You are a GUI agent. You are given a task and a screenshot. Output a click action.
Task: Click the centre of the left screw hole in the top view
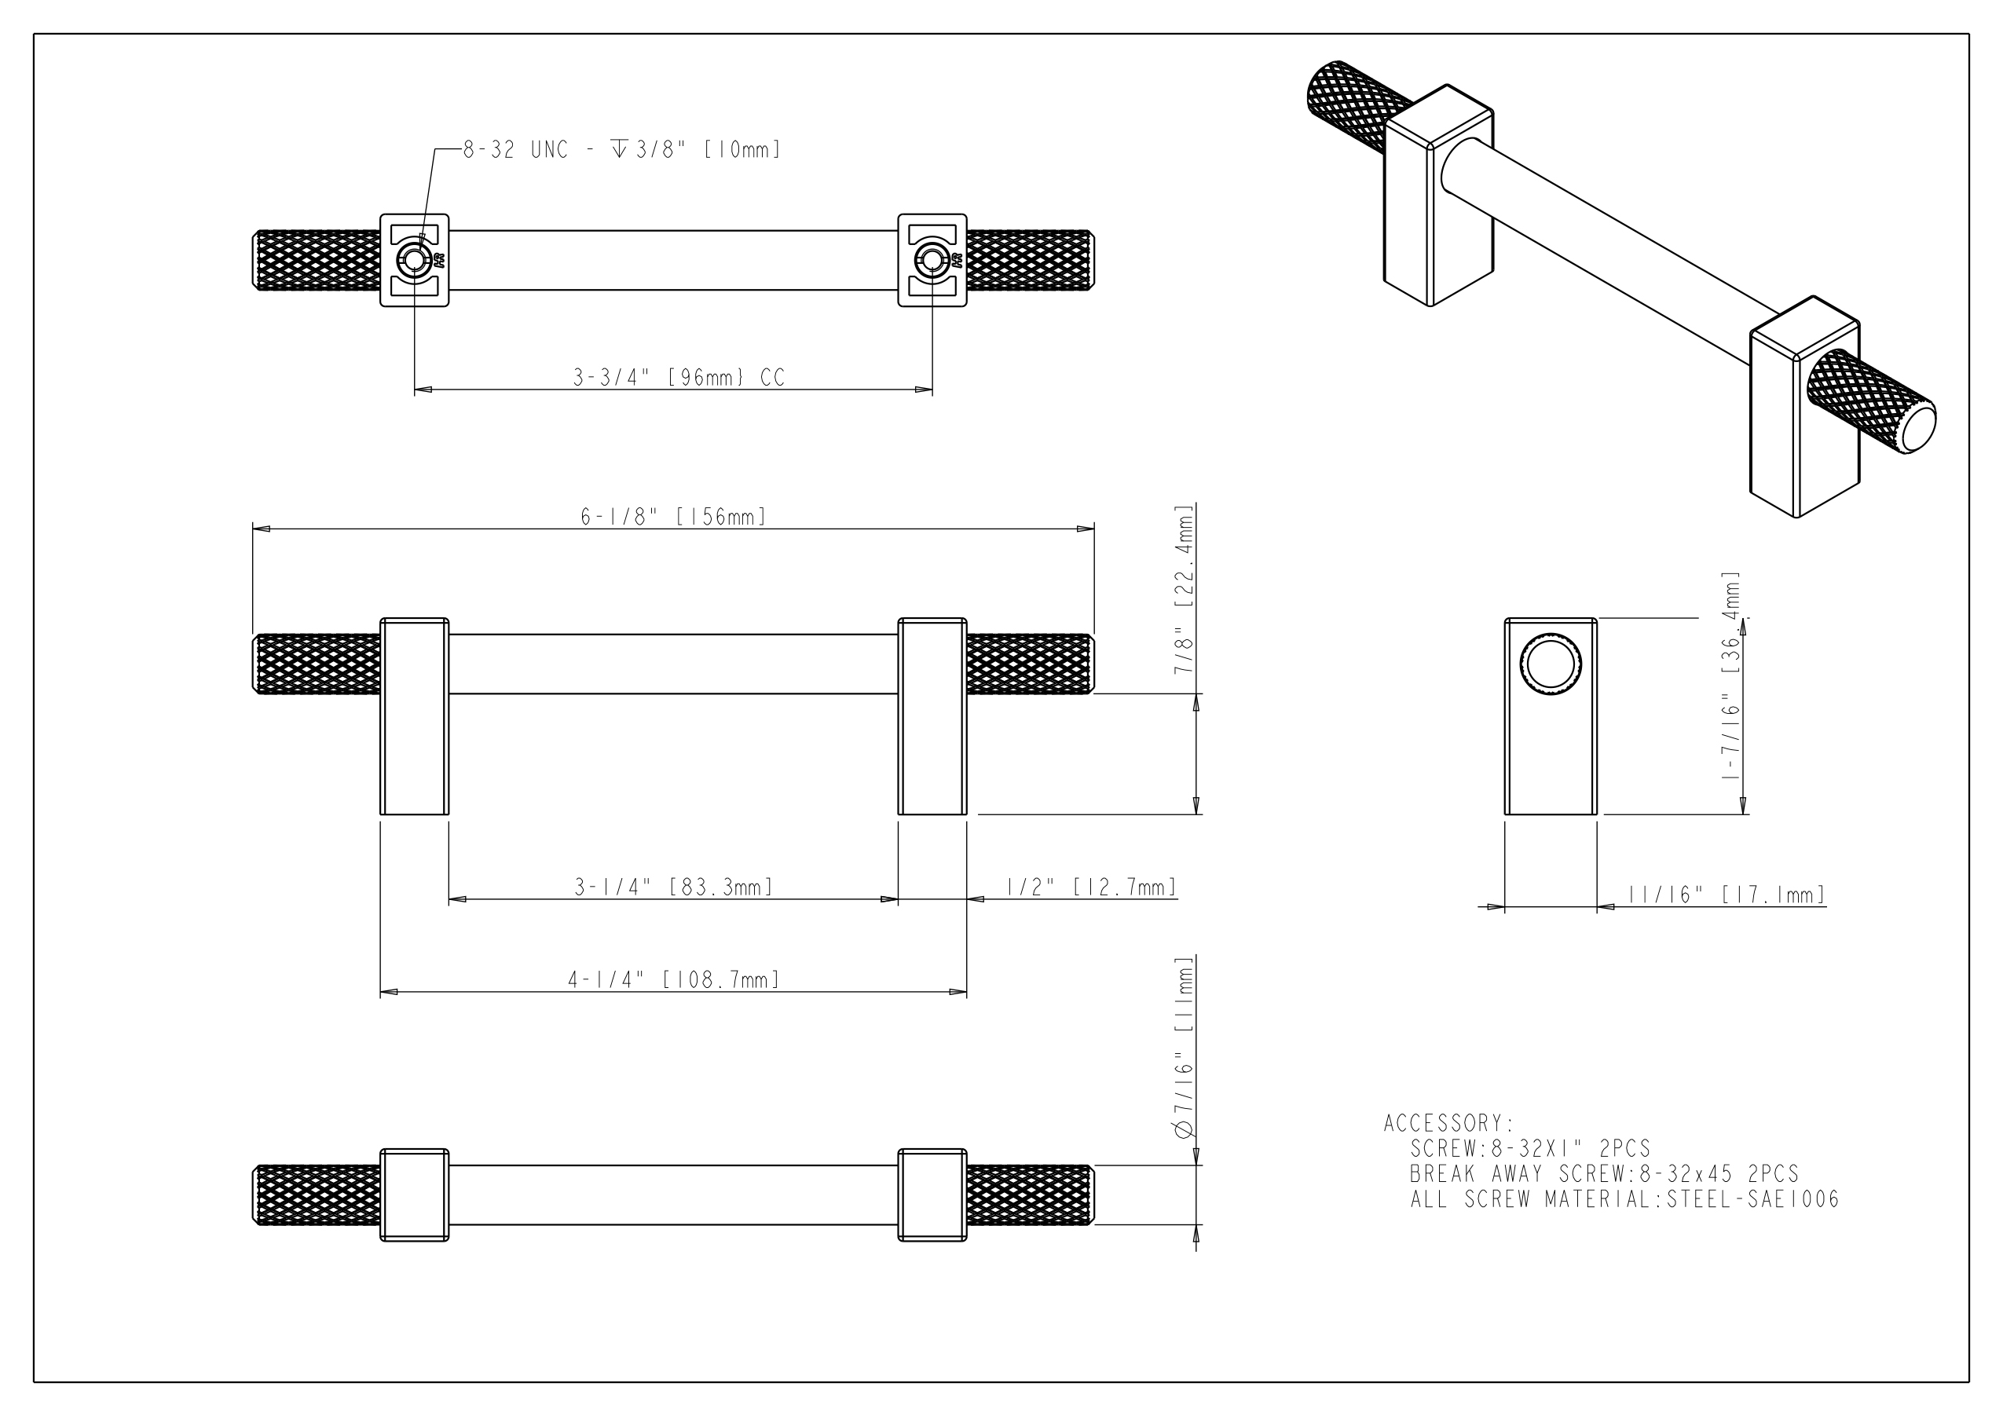[415, 260]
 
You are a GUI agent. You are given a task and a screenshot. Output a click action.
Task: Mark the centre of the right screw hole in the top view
[932, 260]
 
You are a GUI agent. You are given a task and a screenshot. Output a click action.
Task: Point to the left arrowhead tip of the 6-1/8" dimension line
[253, 529]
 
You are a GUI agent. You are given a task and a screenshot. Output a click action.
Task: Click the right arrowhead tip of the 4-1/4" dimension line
[967, 992]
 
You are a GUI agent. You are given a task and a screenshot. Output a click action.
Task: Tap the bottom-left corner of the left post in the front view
[380, 815]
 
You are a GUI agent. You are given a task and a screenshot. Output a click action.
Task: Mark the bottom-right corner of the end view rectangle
[1598, 815]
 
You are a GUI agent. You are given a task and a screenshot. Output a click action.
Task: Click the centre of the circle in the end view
[1551, 664]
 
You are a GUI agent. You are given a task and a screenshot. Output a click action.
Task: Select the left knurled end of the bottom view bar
[317, 1195]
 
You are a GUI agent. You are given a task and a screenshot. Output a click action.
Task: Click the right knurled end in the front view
[1031, 664]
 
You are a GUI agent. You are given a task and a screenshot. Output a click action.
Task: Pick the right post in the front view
[932, 716]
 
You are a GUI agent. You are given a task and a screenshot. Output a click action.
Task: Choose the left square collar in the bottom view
[415, 1195]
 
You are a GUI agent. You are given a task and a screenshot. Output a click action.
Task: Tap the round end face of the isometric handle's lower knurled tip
[1919, 426]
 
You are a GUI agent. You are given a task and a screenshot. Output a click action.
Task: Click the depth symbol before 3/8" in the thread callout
[620, 149]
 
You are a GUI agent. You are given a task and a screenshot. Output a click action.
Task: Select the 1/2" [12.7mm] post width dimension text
[1091, 887]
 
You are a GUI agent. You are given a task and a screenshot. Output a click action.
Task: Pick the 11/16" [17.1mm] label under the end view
[1727, 895]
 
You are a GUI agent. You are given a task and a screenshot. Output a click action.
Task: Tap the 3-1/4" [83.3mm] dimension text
[673, 887]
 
